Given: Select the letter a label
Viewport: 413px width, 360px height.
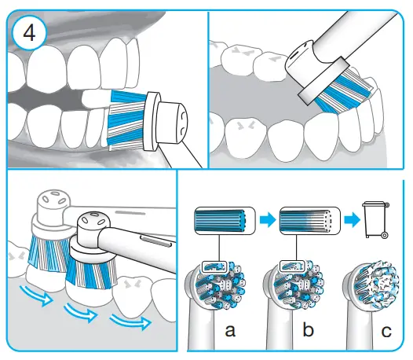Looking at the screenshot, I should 230,330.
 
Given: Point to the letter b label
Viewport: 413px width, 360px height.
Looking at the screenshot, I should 307,330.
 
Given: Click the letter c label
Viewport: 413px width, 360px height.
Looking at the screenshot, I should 384,330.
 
